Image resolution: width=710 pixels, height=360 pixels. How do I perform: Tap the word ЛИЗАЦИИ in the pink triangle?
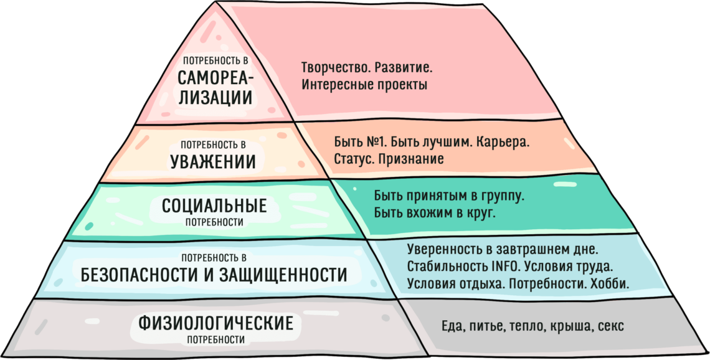215,98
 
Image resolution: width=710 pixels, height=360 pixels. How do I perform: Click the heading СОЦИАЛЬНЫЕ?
214,206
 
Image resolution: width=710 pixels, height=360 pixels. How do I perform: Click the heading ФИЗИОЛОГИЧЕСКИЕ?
215,324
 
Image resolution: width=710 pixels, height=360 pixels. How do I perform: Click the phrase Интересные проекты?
364,85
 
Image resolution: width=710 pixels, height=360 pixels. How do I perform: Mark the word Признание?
412,159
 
